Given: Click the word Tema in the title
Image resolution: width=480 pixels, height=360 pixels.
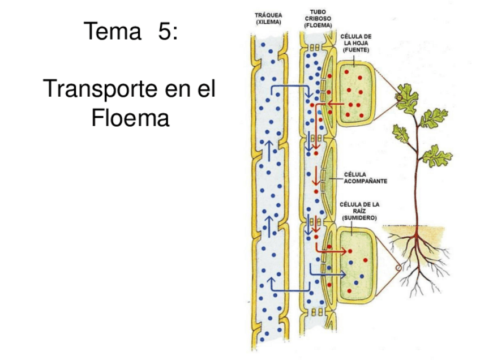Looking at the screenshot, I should click(112, 31).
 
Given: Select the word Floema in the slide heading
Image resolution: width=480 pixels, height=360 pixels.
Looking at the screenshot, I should click(130, 118).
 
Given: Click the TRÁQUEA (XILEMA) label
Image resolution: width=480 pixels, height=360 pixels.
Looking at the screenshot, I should click(269, 18).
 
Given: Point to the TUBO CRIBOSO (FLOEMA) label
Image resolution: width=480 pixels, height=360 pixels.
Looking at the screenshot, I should click(318, 18).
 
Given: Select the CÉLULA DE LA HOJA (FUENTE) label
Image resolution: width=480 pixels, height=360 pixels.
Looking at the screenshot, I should click(355, 42).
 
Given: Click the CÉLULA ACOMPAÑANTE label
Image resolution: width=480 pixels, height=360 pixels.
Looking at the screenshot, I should click(365, 177).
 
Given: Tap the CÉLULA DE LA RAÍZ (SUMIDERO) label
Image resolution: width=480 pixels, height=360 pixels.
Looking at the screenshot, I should click(359, 211).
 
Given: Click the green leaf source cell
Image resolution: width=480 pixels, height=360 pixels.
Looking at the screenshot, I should click(355, 93).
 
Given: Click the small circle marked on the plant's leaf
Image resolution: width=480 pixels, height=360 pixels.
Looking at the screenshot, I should click(400, 98).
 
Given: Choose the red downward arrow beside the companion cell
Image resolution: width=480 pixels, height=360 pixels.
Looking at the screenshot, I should click(315, 179).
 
